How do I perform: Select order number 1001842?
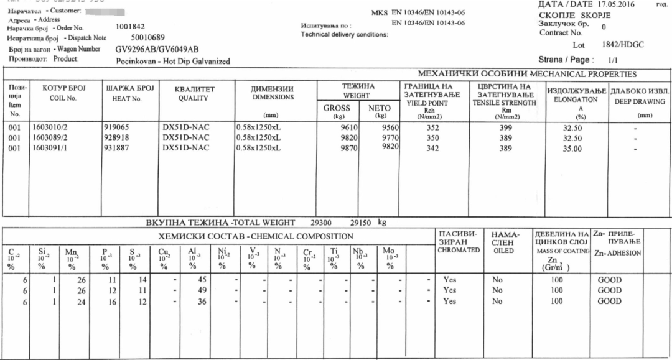pos(131,27)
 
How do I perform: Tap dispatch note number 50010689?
pos(148,38)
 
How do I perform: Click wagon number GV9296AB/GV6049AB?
pos(157,49)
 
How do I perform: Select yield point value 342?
pos(434,147)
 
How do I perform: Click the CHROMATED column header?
pos(459,250)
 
